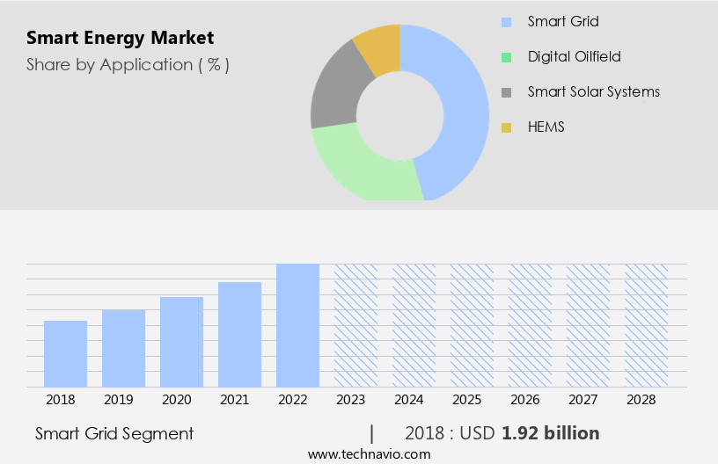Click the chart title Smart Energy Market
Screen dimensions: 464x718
120,38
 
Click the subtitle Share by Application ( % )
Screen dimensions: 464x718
128,64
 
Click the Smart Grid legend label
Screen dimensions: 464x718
563,21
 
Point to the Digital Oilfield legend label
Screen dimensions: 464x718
574,56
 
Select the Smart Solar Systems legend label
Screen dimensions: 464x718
593,91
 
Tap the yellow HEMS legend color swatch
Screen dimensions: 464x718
506,127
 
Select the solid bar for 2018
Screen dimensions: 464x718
65,353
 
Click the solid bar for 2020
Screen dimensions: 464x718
181,342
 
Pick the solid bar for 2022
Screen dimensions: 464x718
297,325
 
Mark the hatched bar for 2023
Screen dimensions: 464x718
355,325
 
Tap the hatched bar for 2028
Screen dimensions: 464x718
646,325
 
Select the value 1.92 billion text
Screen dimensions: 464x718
550,433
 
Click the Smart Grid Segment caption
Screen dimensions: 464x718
114,433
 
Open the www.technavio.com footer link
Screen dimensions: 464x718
369,454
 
